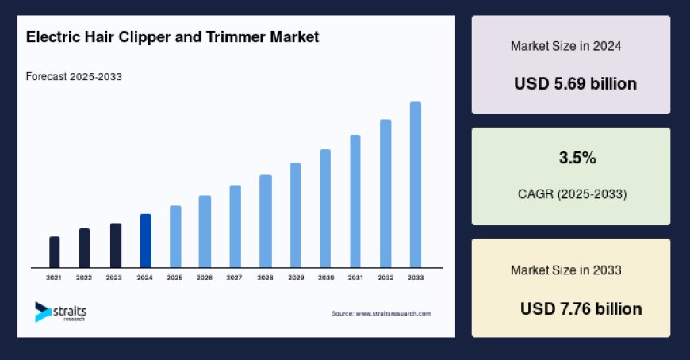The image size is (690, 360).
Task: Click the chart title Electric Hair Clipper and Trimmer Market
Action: (x=172, y=37)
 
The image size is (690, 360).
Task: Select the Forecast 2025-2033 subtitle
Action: (x=74, y=77)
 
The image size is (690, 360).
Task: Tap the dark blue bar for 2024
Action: (x=145, y=241)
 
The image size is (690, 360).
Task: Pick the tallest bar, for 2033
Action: (x=415, y=185)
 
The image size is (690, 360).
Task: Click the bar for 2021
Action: (x=54, y=252)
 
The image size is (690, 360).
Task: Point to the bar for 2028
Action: (x=266, y=221)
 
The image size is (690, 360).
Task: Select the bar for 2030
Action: (x=325, y=209)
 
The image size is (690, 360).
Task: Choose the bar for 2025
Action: (x=175, y=236)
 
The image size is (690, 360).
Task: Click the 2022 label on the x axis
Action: (x=84, y=278)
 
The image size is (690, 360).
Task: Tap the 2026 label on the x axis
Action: (x=205, y=278)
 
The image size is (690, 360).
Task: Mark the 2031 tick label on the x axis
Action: (x=355, y=278)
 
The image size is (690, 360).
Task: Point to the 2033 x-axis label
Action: (x=415, y=278)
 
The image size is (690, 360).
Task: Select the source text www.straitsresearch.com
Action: (x=381, y=314)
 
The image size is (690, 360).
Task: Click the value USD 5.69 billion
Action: (x=575, y=83)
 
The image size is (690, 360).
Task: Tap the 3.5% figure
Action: (x=577, y=158)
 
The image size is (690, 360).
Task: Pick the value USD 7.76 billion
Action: (x=581, y=308)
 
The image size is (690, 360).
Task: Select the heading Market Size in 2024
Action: (x=565, y=46)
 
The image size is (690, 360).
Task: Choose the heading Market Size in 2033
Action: (x=565, y=270)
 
